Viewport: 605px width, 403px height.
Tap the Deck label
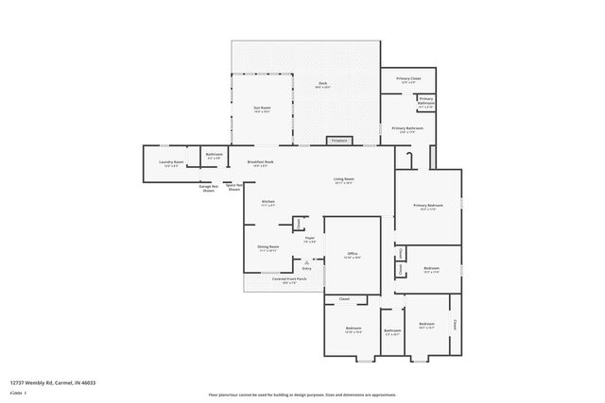(x=322, y=86)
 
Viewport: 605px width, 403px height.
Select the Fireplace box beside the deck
(x=339, y=141)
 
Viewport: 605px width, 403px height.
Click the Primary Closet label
(x=408, y=79)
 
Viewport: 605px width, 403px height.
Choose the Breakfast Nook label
(x=261, y=162)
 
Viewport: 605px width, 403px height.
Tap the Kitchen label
(x=268, y=202)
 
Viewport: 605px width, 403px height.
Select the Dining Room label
(x=268, y=247)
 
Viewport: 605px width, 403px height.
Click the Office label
(x=352, y=254)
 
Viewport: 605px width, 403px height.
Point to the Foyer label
(x=309, y=240)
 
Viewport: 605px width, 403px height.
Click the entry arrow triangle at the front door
(x=306, y=260)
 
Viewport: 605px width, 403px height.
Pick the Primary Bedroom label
(x=427, y=206)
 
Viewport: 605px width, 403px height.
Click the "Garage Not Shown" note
(x=209, y=188)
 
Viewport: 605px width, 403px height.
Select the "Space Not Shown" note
(x=233, y=187)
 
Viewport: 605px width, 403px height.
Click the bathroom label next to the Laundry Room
(x=215, y=156)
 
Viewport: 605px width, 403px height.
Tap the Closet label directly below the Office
(x=345, y=299)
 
